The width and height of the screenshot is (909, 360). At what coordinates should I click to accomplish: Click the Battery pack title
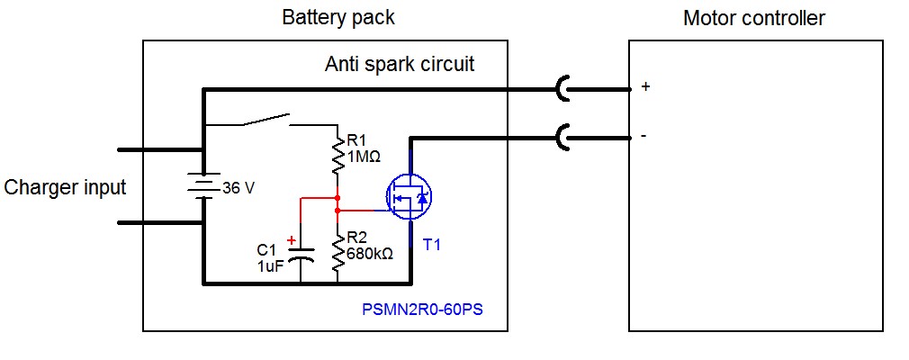(x=337, y=18)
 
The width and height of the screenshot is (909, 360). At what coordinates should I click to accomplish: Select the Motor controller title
(x=754, y=18)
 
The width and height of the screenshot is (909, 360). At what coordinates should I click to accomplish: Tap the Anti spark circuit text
(x=399, y=65)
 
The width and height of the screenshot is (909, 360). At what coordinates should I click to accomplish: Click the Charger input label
(x=65, y=188)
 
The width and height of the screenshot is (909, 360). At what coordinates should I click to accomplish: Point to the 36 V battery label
(x=238, y=188)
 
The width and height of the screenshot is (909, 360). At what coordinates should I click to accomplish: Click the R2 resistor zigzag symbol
(x=337, y=256)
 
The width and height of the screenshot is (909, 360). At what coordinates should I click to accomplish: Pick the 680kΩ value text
(x=369, y=254)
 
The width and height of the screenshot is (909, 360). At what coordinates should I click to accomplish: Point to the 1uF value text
(x=271, y=266)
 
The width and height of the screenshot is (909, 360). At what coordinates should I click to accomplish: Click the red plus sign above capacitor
(x=291, y=240)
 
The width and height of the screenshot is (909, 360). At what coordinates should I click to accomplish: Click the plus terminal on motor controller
(x=644, y=87)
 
